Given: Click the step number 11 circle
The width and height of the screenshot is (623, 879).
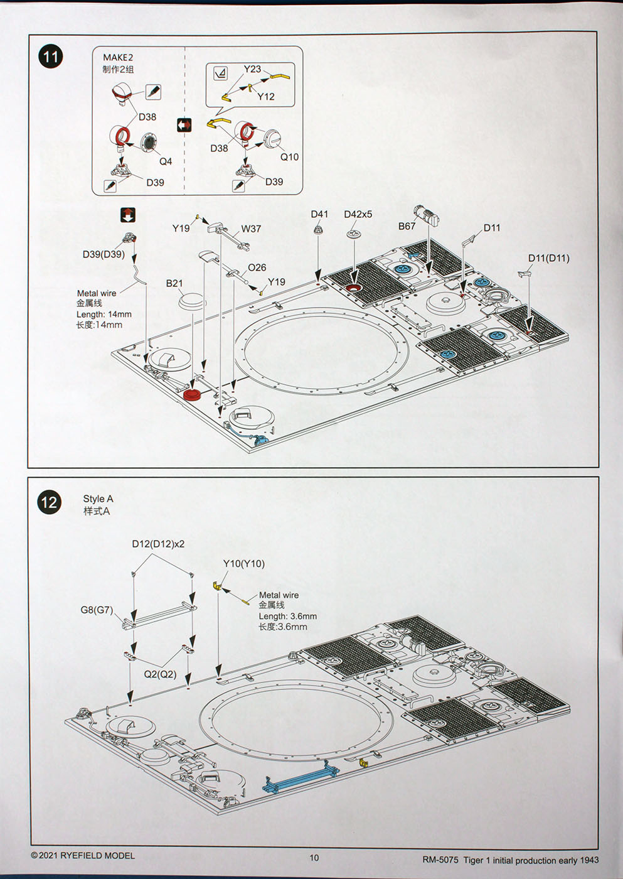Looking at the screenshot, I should (x=50, y=57).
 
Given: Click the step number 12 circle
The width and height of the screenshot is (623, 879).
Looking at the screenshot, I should (x=49, y=502).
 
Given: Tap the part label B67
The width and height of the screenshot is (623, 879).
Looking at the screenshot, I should (x=407, y=226).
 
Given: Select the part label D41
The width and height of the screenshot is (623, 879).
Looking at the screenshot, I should (x=319, y=214).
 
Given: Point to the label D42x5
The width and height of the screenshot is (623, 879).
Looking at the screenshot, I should (x=358, y=214).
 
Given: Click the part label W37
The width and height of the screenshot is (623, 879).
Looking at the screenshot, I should (x=251, y=229).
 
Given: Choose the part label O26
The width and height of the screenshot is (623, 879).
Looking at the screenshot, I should (x=257, y=267).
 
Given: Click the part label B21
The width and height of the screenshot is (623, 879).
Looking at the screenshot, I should (x=174, y=283).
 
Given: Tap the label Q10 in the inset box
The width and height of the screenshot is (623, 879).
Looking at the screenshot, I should (x=289, y=157).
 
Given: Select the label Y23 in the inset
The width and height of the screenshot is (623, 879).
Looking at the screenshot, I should (x=252, y=69).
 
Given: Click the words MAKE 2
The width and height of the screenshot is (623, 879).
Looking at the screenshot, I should (x=118, y=58).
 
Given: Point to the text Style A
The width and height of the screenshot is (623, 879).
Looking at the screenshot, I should (x=98, y=499).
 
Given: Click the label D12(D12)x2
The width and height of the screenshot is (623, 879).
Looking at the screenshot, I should (x=158, y=544).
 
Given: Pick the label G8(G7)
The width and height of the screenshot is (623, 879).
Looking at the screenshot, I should (x=97, y=610).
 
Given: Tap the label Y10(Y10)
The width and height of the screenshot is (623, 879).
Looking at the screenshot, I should (x=244, y=563).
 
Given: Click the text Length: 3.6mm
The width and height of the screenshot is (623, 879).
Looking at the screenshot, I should (x=287, y=617).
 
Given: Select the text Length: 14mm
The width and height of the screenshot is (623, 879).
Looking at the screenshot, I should (x=104, y=314).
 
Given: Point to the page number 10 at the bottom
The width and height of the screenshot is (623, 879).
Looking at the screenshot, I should (x=314, y=858).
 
